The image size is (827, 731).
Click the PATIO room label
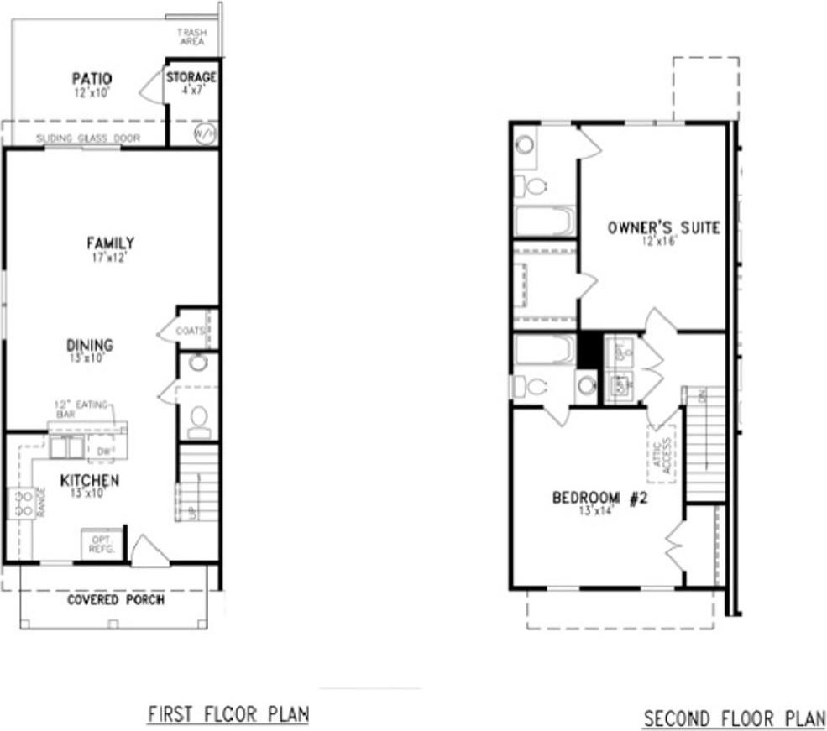click(92, 80)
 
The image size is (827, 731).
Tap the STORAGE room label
click(191, 78)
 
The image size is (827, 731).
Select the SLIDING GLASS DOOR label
click(88, 138)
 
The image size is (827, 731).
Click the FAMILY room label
click(110, 243)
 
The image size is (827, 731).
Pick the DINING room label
click(90, 345)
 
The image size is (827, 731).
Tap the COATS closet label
click(191, 331)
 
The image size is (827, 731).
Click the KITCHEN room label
click(89, 481)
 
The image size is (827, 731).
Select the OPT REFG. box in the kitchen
click(102, 544)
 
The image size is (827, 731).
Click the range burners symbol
click(20, 503)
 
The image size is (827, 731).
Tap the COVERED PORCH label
click(116, 600)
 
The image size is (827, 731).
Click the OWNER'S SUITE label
click(663, 227)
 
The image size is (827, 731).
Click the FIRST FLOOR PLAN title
click(228, 714)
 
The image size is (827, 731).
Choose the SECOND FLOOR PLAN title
click(734, 719)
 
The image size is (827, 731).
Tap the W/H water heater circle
click(205, 133)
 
